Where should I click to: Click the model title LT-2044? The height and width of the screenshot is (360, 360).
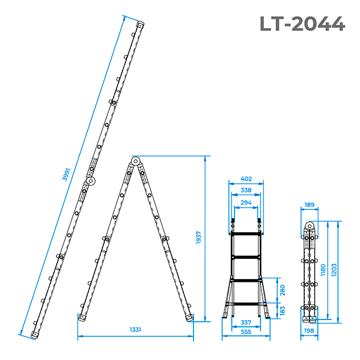click(x=303, y=24)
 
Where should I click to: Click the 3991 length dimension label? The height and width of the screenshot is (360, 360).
click(x=66, y=174)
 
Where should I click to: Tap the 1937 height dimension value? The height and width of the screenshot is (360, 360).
click(x=199, y=237)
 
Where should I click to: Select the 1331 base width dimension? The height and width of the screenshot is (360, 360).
click(x=136, y=330)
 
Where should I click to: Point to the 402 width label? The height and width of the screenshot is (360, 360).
click(x=246, y=179)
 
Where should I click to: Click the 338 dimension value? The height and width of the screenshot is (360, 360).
click(x=246, y=190)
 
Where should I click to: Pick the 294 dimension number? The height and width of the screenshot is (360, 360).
click(x=246, y=202)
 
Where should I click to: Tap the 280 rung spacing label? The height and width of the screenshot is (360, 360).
click(x=282, y=290)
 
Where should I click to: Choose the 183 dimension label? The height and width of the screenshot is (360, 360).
click(x=282, y=310)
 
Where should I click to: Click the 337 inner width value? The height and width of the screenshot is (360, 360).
click(x=246, y=322)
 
